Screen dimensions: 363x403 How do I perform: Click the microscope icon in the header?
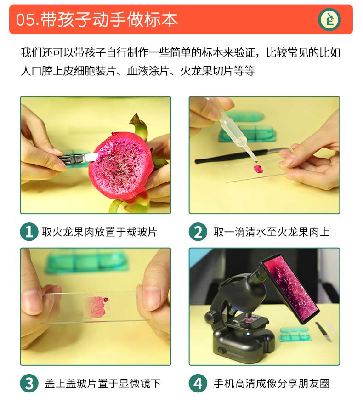click(329, 20)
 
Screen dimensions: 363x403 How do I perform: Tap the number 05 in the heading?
click(25, 20)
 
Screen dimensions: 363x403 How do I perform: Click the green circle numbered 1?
click(29, 232)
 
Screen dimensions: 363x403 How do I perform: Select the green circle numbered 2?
click(198, 232)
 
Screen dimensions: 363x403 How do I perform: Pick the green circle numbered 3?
click(29, 383)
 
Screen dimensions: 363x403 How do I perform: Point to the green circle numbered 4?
click(198, 383)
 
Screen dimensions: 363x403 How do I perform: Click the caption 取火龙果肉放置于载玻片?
click(99, 232)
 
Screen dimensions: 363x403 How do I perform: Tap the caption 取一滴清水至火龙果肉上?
click(271, 232)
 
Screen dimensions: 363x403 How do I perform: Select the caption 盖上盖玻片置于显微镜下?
click(102, 383)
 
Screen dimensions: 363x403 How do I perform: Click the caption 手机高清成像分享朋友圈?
click(272, 383)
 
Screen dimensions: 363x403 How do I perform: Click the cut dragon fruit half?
click(121, 166)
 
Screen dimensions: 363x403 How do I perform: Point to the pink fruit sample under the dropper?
click(258, 168)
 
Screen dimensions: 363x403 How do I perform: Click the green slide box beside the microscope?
click(295, 334)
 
